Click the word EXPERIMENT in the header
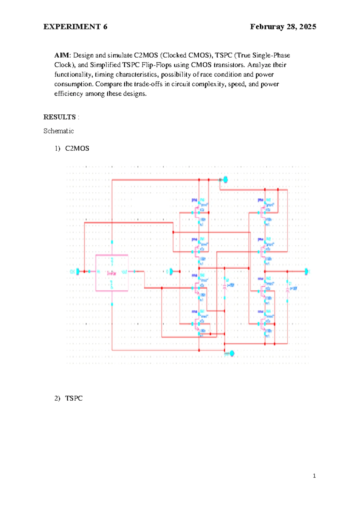(72, 27)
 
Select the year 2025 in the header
(307, 27)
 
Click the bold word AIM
(62, 56)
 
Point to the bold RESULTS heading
(59, 117)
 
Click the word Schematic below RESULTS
(58, 131)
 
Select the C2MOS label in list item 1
(77, 149)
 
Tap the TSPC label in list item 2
(74, 399)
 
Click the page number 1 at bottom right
(314, 476)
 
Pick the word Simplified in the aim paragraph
(105, 65)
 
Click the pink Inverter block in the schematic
(112, 273)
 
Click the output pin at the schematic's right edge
(306, 271)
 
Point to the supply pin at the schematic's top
(225, 180)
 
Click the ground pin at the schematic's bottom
(231, 354)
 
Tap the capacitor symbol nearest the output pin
(287, 288)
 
